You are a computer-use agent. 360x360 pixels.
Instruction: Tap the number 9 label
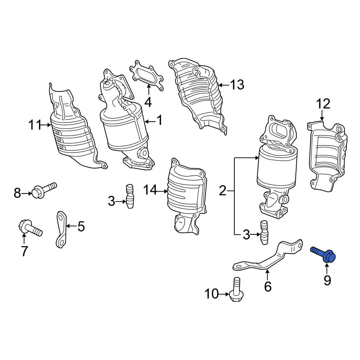(327, 280)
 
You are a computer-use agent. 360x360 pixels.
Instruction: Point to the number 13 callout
(237, 85)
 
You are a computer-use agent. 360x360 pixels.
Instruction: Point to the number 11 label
(35, 125)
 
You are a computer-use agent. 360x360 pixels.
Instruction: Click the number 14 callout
(150, 190)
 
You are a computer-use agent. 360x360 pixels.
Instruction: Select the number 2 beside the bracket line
(223, 190)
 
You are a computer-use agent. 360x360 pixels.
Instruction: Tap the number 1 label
(159, 121)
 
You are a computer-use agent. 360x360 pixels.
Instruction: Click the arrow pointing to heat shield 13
(223, 85)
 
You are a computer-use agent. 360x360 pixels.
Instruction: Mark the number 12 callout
(323, 104)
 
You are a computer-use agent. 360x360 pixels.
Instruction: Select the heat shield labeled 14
(185, 194)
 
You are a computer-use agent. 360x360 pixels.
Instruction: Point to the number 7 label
(24, 251)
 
